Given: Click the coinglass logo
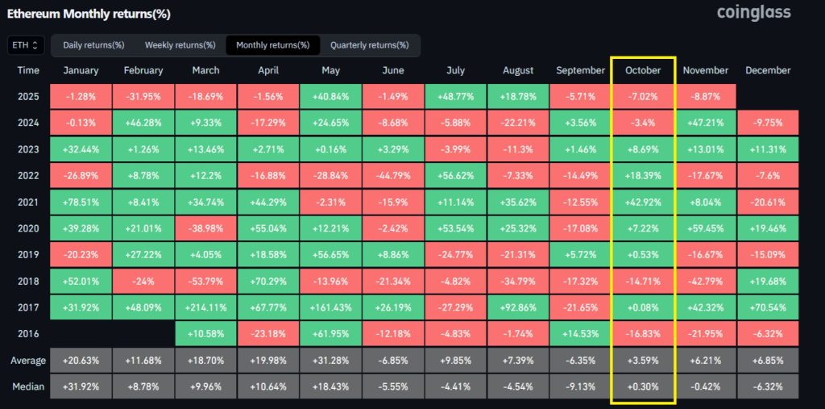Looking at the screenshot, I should pyautogui.click(x=753, y=13).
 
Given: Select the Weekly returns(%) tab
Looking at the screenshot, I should pyautogui.click(x=180, y=45).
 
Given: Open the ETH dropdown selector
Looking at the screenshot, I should pyautogui.click(x=25, y=45).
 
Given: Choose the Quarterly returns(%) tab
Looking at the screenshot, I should pyautogui.click(x=369, y=45).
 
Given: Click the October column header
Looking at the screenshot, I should pyautogui.click(x=643, y=70).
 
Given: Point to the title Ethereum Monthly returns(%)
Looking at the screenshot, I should pyautogui.click(x=88, y=15).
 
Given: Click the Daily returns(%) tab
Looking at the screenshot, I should pyautogui.click(x=94, y=45).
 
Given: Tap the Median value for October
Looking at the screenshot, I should pyautogui.click(x=643, y=386).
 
